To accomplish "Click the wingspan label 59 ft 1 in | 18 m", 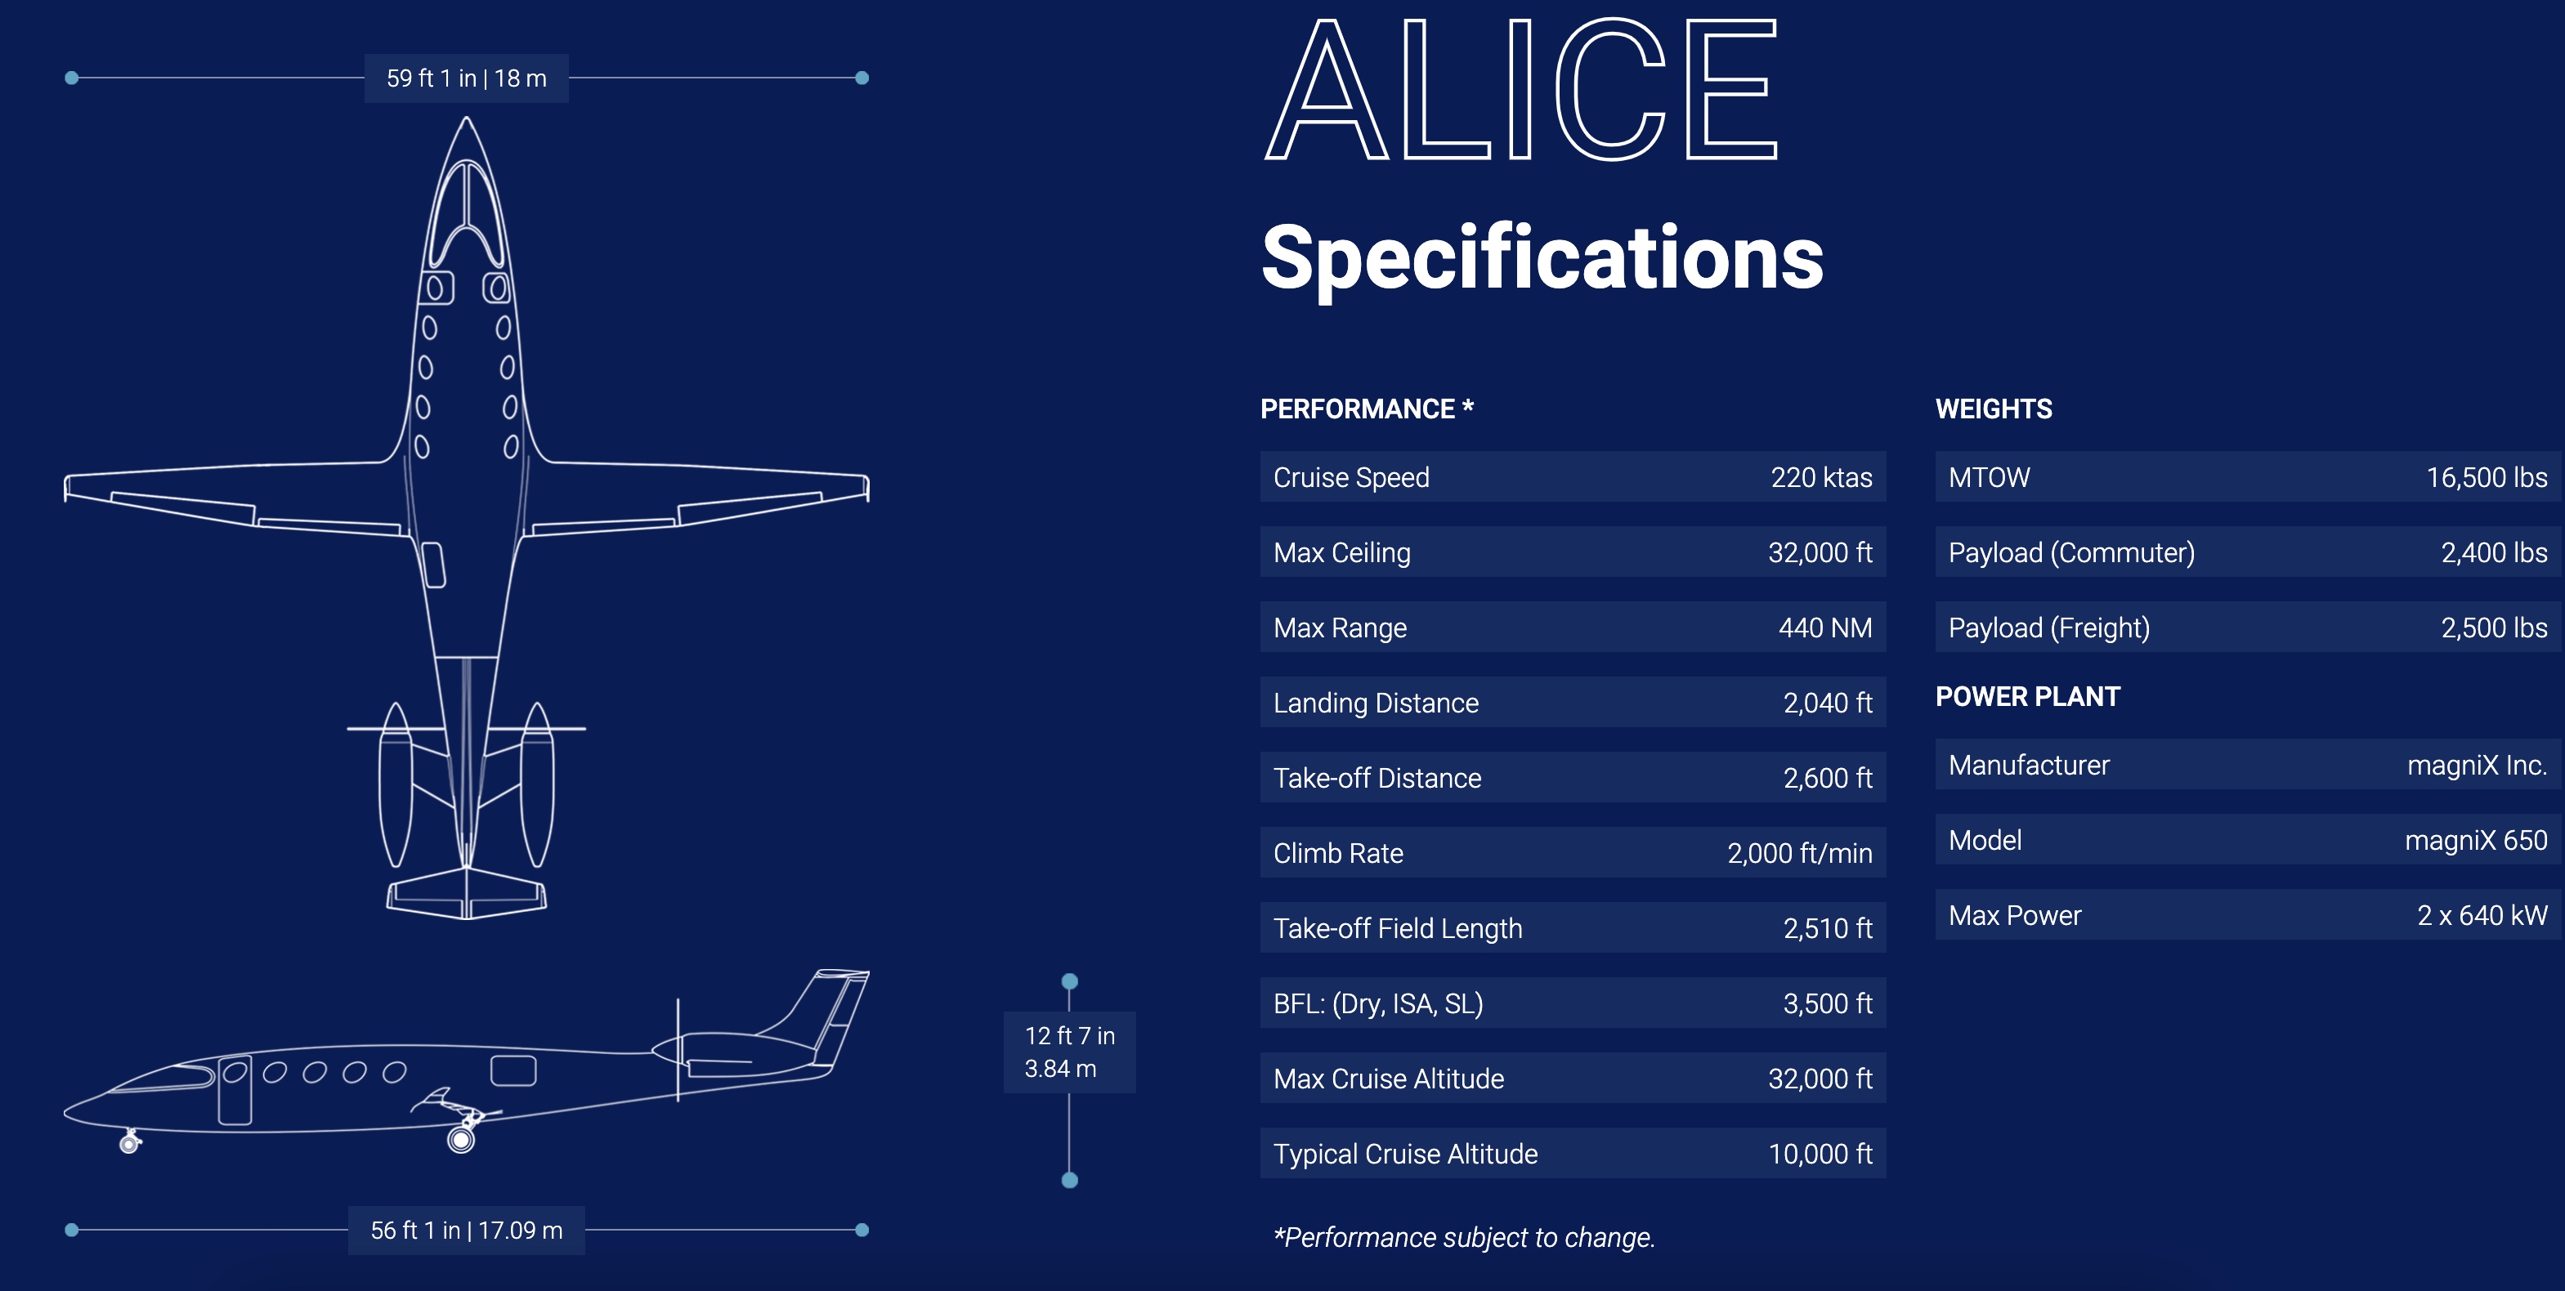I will tap(466, 78).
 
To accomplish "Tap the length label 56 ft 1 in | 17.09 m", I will tap(466, 1231).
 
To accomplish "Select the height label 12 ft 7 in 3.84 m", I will tap(1069, 1052).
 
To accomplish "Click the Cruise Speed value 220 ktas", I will tap(1820, 478).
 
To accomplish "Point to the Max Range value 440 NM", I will tap(1824, 628).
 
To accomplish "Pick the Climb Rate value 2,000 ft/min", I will tap(1798, 853).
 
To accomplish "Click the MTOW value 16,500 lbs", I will tap(2486, 478).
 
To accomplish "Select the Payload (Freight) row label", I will tap(2048, 628).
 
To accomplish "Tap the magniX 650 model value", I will tap(2474, 841).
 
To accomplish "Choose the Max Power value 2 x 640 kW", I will tap(2482, 916).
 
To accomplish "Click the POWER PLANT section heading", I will tap(2027, 697).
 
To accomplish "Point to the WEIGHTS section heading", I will tap(1994, 409).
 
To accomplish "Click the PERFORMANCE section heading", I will tap(1366, 409).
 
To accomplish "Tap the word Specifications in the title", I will tap(1542, 258).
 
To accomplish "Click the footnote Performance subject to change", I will tap(1464, 1237).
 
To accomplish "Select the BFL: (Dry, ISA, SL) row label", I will tap(1378, 1003).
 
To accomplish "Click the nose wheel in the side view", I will tap(128, 1145).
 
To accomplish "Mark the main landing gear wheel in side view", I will tap(461, 1140).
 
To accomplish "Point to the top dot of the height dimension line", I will tap(1069, 981).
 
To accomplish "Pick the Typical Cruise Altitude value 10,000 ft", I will tap(1820, 1154).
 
